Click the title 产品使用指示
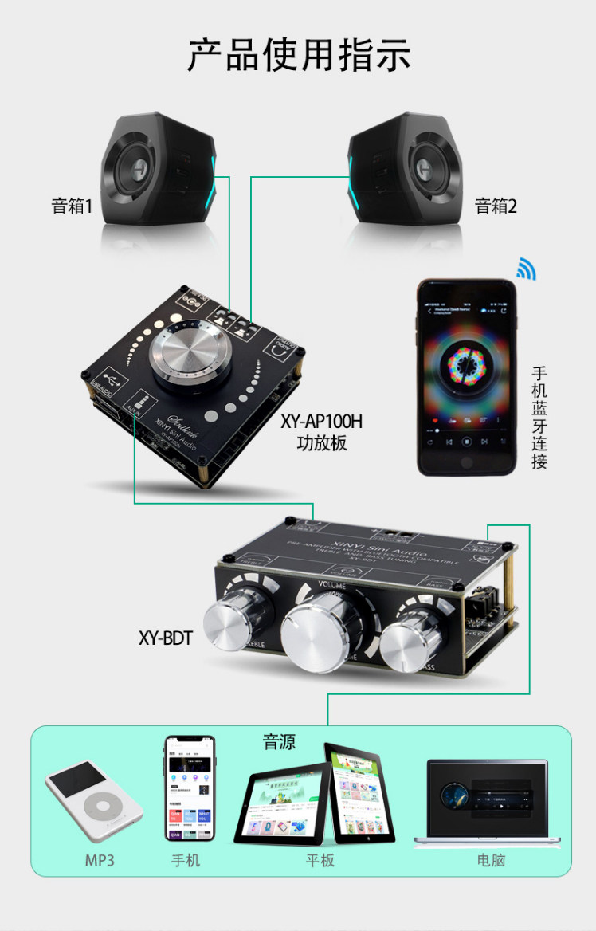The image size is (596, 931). pyautogui.click(x=299, y=55)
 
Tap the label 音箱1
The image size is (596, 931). pyautogui.click(x=73, y=206)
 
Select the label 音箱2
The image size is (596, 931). pyautogui.click(x=496, y=206)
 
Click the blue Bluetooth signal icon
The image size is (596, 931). pyautogui.click(x=526, y=269)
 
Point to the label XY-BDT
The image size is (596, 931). pyautogui.click(x=165, y=638)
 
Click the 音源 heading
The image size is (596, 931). pyautogui.click(x=280, y=743)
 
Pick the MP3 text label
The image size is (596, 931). pyautogui.click(x=100, y=861)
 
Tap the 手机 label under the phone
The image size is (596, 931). pyautogui.click(x=186, y=861)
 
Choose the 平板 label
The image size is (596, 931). pyautogui.click(x=320, y=861)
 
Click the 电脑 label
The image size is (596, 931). pyautogui.click(x=491, y=861)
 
